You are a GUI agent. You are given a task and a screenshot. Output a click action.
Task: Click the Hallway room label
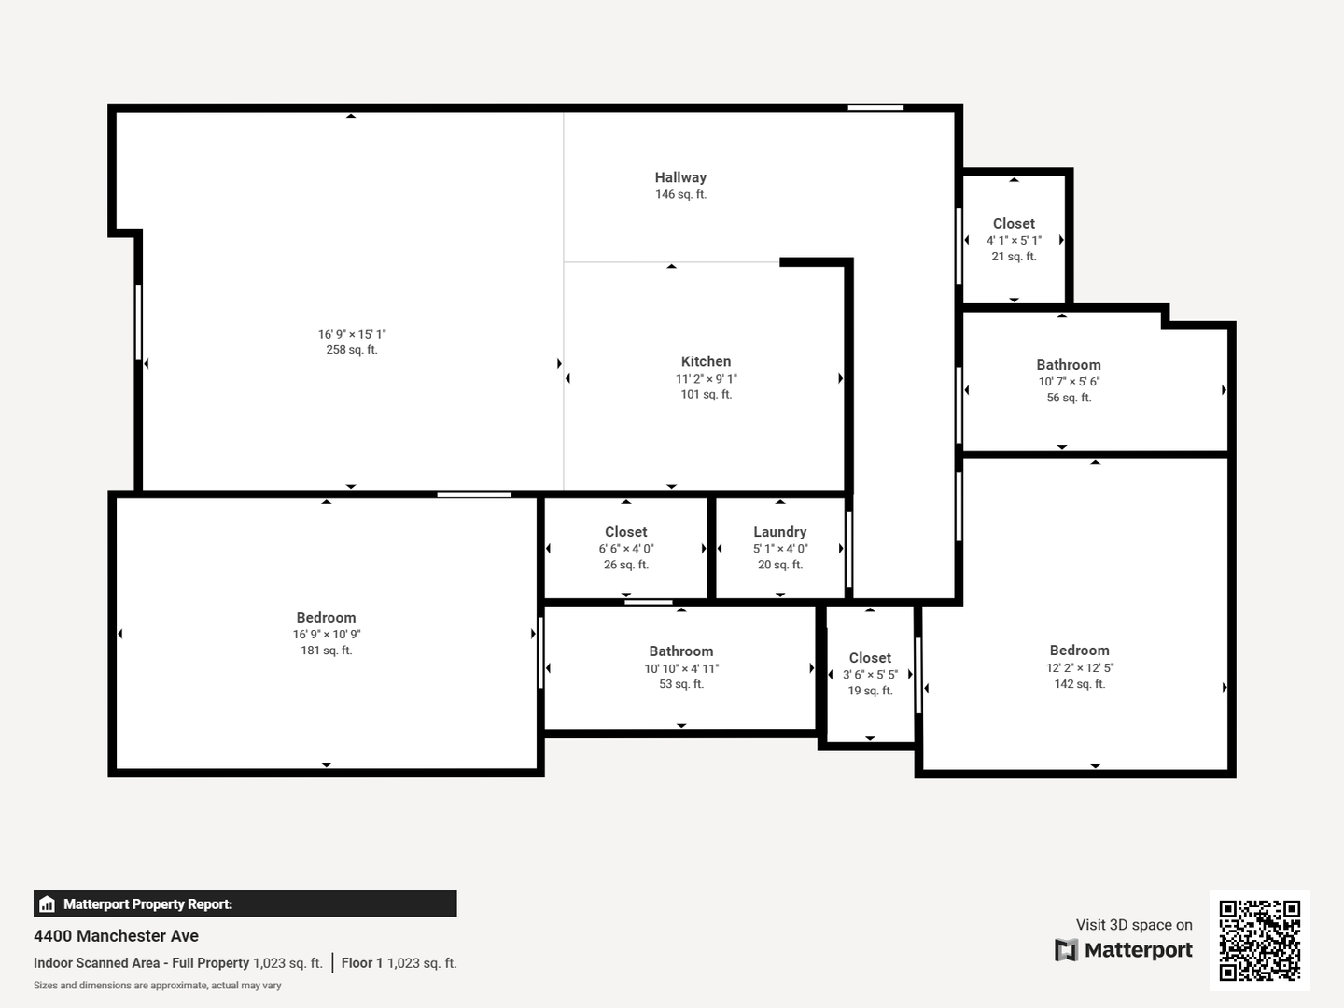680,177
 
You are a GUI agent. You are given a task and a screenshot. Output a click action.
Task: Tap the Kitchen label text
706,361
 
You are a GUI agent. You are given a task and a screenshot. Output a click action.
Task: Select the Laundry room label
779,532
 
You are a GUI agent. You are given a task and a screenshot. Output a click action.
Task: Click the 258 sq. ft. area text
352,349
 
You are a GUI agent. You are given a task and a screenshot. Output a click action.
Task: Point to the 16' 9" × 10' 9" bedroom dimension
326,634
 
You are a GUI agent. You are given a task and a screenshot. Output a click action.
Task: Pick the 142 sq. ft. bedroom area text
1079,683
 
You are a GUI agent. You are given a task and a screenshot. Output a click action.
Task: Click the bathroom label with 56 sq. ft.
1069,365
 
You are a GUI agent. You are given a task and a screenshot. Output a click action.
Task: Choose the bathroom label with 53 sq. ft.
681,651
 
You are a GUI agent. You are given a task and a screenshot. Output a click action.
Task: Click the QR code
1259,941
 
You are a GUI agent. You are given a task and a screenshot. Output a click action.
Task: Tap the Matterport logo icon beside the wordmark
1066,950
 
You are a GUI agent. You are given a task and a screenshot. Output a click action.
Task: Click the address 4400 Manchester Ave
116,936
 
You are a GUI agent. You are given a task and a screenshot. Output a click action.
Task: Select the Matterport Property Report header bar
245,904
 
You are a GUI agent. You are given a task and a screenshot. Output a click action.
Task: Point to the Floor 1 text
362,962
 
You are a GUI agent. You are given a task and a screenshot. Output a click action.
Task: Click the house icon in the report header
48,904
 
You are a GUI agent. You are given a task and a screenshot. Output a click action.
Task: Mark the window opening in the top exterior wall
875,107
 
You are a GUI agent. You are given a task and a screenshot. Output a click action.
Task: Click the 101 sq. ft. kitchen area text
706,394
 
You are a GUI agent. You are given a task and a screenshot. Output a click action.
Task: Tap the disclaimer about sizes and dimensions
158,986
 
